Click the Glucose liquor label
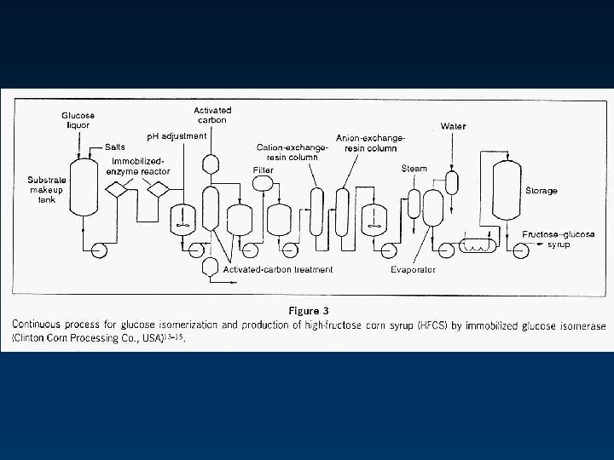point(78,120)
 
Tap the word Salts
point(116,147)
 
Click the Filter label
point(263,170)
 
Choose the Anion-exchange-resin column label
point(370,142)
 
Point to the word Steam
point(414,169)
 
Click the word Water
point(452,126)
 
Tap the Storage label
point(541,191)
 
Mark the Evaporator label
point(413,269)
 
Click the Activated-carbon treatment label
point(278,269)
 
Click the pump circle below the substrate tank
point(98,250)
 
